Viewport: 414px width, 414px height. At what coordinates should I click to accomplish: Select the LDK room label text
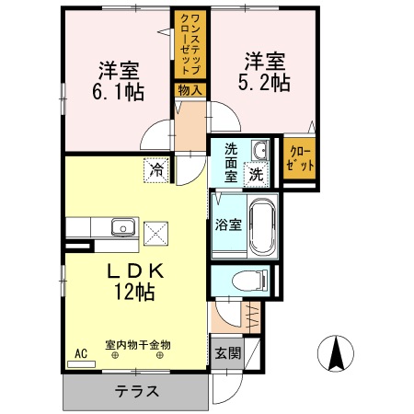click(138, 272)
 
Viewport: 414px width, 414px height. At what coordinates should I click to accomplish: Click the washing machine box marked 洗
click(258, 172)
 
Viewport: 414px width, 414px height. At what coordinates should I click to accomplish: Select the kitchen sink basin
click(122, 227)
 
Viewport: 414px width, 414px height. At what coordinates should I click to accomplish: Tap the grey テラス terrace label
click(134, 391)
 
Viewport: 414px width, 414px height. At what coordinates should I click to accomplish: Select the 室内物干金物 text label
click(138, 344)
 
